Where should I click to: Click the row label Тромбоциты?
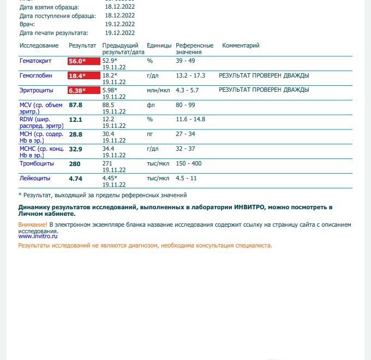pyautogui.click(x=36, y=163)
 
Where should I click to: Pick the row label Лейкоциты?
pyautogui.click(x=35, y=178)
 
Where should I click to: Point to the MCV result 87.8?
pyautogui.click(x=75, y=105)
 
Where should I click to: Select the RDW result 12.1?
pyautogui.click(x=75, y=119)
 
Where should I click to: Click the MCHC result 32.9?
pyautogui.click(x=75, y=149)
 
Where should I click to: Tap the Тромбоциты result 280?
pyautogui.click(x=75, y=163)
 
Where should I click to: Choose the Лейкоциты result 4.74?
pyautogui.click(x=75, y=178)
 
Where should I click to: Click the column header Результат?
pyautogui.click(x=82, y=45)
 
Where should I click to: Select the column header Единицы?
pyautogui.click(x=159, y=45)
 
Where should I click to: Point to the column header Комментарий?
pyautogui.click(x=241, y=45)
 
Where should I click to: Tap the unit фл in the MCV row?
pyautogui.click(x=150, y=105)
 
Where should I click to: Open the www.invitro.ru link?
pyautogui.click(x=38, y=236)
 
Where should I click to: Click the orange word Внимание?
pyautogui.click(x=33, y=225)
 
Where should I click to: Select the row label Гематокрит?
pyautogui.click(x=35, y=61)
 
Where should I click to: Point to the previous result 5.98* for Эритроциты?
pyautogui.click(x=110, y=90)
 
